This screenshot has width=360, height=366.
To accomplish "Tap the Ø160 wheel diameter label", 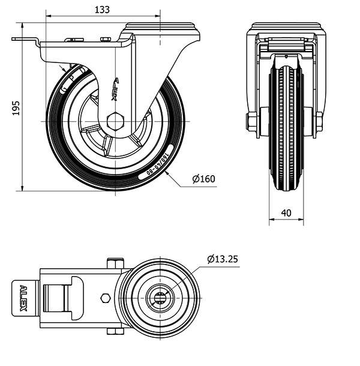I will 204,179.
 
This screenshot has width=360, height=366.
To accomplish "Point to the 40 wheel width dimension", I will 286,212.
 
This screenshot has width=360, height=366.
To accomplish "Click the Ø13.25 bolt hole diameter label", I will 223,259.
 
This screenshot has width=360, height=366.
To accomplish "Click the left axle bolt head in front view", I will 251,121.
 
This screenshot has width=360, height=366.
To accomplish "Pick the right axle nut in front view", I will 319,121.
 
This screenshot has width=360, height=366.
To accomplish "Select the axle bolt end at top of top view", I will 116,263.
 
